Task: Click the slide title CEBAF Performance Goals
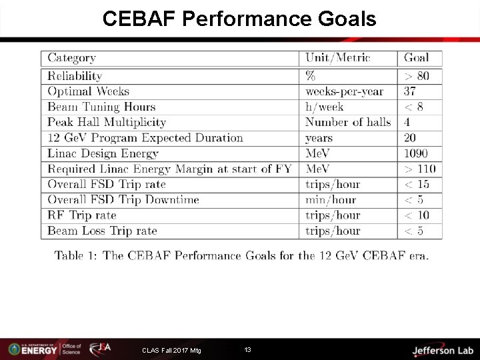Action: tap(239, 19)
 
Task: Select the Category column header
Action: tap(71, 58)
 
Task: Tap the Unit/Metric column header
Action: tap(337, 58)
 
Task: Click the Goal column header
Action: tap(417, 58)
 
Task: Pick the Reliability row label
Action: tap(75, 76)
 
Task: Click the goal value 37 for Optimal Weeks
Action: tap(411, 91)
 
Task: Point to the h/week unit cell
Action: tap(325, 107)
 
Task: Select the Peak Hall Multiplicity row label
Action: tap(107, 122)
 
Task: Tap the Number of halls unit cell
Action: tap(348, 122)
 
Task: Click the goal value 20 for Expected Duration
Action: tap(411, 138)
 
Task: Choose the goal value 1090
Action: tap(416, 153)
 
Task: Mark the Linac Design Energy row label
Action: tap(103, 153)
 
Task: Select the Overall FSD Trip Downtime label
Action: tap(123, 200)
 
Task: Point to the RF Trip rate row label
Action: tap(82, 215)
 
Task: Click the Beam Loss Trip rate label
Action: tap(102, 231)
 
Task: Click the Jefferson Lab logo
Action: tap(442, 350)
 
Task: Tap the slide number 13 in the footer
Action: tap(247, 350)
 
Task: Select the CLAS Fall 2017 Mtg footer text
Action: tap(171, 351)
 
